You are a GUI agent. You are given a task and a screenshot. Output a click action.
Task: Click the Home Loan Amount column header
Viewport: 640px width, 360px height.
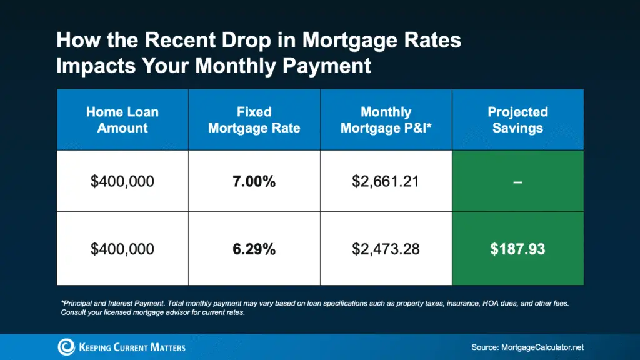click(x=122, y=120)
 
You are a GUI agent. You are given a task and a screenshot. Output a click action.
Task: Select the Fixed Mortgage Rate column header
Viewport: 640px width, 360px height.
click(x=254, y=120)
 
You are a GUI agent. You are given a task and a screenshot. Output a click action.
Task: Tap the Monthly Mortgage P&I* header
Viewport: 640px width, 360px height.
click(x=386, y=120)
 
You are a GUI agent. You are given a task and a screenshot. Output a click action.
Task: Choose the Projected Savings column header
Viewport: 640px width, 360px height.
click(x=517, y=120)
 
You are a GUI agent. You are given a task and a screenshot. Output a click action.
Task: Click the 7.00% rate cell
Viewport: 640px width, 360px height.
click(x=254, y=182)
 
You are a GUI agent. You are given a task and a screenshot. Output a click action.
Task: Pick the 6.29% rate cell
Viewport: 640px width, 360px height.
click(x=254, y=249)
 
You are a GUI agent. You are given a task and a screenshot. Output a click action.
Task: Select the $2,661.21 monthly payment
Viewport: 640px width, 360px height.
click(x=386, y=182)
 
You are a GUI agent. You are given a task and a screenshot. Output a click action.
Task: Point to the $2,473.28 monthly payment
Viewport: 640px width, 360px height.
click(x=386, y=249)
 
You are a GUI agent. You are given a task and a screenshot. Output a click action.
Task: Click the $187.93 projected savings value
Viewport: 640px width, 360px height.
click(x=517, y=249)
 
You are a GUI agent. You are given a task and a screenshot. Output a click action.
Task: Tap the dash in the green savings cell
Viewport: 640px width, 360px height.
click(x=517, y=182)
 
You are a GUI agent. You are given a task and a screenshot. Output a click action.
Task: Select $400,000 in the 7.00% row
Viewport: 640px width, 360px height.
click(x=122, y=182)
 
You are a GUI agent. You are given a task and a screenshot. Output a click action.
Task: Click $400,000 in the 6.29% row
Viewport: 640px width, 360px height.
click(x=122, y=249)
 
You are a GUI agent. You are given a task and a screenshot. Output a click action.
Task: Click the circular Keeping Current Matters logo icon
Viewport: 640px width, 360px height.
click(x=66, y=347)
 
